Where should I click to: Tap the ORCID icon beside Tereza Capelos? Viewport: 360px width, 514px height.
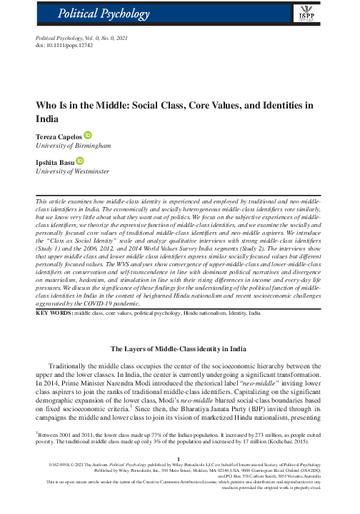(x=88, y=134)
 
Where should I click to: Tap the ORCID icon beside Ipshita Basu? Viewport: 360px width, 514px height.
(x=79, y=161)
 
